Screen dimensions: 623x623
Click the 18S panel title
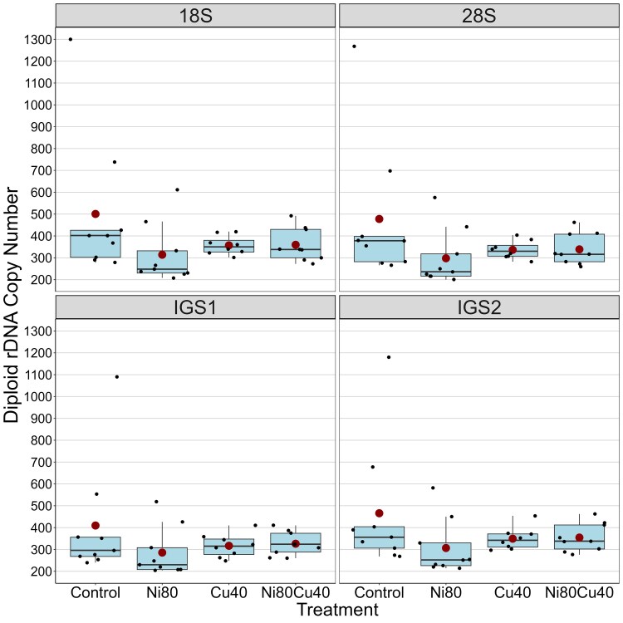tap(195, 16)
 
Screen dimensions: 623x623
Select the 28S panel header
tap(478, 16)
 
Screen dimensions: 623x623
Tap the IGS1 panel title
tap(195, 307)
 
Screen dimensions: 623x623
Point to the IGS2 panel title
tap(478, 307)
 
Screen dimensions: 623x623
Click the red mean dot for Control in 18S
tap(96, 214)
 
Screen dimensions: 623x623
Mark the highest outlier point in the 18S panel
tap(71, 39)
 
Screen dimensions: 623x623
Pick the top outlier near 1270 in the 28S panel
tap(355, 47)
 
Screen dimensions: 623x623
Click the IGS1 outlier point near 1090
tap(117, 377)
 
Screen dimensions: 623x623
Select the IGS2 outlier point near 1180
tap(389, 357)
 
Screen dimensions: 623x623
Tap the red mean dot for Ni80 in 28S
tap(446, 258)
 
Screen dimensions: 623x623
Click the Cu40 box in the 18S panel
tap(229, 247)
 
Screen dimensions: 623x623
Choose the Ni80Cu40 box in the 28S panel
tap(579, 248)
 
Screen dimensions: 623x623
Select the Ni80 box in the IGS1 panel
tap(162, 559)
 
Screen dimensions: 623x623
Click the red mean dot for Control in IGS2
tap(379, 513)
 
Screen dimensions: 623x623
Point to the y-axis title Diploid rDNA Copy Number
tap(11, 305)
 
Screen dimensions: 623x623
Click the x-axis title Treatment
tap(338, 610)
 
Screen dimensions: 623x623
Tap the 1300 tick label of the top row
tap(37, 40)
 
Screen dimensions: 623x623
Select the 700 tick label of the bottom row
tap(42, 462)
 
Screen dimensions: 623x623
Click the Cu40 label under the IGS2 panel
tap(513, 593)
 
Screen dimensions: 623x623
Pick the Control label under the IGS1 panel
tap(96, 593)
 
